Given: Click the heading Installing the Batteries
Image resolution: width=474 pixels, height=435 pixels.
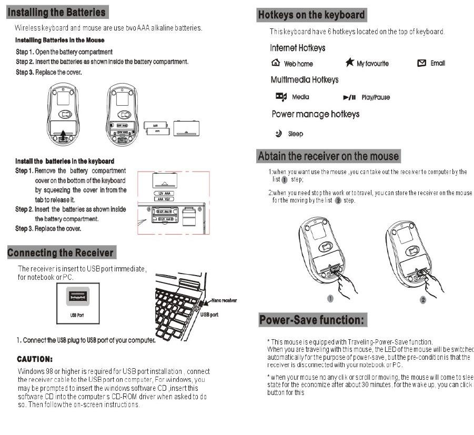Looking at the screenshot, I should [57, 12].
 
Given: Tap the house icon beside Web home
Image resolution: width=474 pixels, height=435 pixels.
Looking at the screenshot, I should [276, 63].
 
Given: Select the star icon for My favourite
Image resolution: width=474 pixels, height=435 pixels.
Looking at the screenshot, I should [350, 63].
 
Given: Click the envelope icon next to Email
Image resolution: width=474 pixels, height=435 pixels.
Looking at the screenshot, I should [421, 63].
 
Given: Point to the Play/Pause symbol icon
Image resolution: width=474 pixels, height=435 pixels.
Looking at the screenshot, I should [350, 97].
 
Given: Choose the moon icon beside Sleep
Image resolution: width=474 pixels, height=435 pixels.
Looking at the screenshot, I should [278, 133].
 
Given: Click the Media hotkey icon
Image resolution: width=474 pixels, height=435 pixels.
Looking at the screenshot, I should [281, 96].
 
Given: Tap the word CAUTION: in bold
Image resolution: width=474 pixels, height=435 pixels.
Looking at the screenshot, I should [35, 360].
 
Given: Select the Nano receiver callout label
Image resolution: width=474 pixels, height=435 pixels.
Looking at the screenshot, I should [224, 300].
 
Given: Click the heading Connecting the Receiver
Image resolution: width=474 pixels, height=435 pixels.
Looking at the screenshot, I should [61, 253].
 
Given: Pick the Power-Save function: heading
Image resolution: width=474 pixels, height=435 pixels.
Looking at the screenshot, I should [313, 320].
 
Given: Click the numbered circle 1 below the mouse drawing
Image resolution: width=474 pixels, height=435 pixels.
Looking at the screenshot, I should [330, 298].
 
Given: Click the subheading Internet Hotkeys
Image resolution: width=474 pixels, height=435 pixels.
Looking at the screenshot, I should [297, 48].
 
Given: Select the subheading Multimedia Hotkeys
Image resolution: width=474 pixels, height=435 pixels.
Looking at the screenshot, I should [304, 80].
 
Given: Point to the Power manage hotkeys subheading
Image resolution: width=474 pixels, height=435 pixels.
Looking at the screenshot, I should [315, 114].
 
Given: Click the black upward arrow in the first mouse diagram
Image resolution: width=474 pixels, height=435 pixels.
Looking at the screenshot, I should [64, 135].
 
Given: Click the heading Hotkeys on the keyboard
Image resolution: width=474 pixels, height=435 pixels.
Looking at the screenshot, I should [311, 15].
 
